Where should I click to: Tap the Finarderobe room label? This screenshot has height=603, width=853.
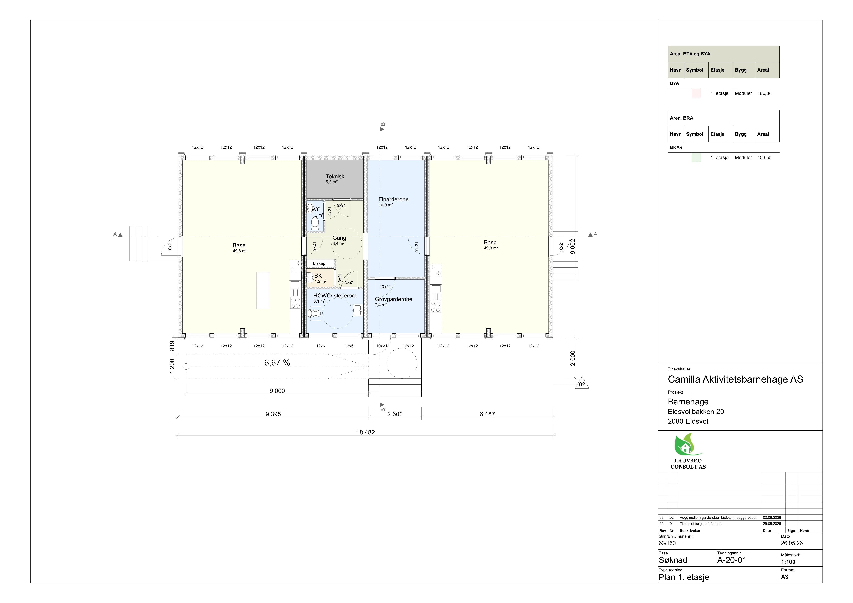(393, 199)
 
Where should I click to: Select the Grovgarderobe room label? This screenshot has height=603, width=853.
(393, 299)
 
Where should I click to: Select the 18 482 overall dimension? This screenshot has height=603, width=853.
(366, 432)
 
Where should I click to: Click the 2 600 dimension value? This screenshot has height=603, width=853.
(395, 414)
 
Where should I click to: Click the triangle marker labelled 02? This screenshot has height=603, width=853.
(582, 384)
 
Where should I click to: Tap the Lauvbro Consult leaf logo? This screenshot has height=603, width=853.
(688, 445)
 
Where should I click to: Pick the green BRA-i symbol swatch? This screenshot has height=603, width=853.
(696, 158)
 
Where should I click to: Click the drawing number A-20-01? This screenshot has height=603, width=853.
(731, 560)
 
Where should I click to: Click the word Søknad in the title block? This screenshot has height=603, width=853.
(673, 560)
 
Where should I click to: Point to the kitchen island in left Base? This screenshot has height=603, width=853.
(263, 290)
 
